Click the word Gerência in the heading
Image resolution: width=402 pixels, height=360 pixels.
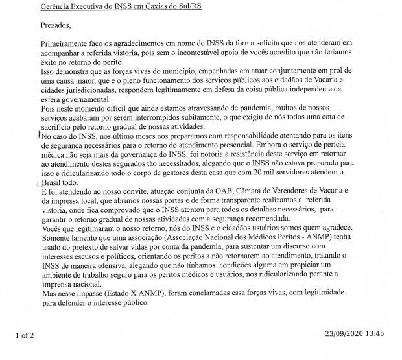[x=56, y=7]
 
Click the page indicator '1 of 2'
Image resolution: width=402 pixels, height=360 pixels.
[x=28, y=335]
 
